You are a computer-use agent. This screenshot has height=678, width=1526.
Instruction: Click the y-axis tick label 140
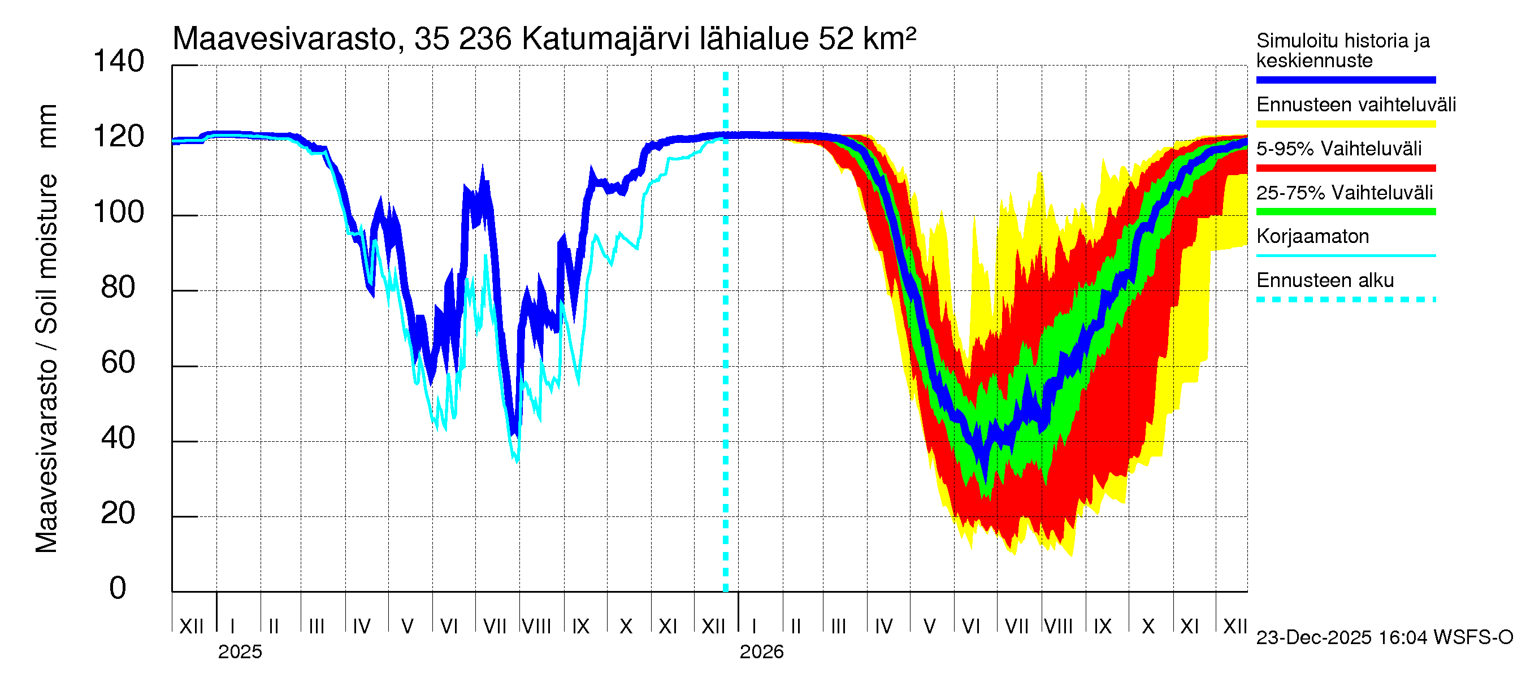click(x=119, y=61)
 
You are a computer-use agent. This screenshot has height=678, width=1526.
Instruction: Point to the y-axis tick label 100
click(x=119, y=212)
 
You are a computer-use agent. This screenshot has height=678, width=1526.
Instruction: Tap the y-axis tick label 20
click(x=118, y=514)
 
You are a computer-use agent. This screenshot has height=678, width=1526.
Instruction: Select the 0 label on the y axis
click(x=118, y=589)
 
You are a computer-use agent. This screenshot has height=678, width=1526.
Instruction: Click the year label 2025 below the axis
click(x=240, y=652)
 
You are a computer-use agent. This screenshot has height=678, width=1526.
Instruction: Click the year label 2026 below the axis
click(x=761, y=652)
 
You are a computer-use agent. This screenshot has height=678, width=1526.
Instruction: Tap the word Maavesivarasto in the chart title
click(x=284, y=39)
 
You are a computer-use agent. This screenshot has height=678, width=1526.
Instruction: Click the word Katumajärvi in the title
click(x=606, y=39)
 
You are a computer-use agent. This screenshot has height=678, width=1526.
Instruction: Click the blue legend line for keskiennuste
click(x=1345, y=80)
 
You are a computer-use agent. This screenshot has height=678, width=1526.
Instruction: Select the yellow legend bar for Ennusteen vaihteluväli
click(x=1345, y=124)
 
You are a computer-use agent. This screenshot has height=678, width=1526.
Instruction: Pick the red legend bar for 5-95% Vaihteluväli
click(x=1345, y=168)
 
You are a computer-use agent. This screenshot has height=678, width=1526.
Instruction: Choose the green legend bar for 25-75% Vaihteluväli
click(x=1345, y=212)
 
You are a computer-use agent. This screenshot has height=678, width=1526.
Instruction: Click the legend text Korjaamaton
click(x=1312, y=237)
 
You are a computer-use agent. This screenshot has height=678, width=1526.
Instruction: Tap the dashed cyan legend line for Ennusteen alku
click(x=1345, y=299)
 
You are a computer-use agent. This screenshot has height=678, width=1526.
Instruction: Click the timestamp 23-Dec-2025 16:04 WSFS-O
click(x=1384, y=638)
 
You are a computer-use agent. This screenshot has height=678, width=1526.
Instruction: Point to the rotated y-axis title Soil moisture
click(x=46, y=255)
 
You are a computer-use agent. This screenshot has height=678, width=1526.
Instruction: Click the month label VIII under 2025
click(x=537, y=627)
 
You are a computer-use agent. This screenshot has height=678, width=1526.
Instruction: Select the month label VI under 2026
click(x=971, y=627)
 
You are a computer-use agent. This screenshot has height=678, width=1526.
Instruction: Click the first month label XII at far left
click(x=192, y=627)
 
